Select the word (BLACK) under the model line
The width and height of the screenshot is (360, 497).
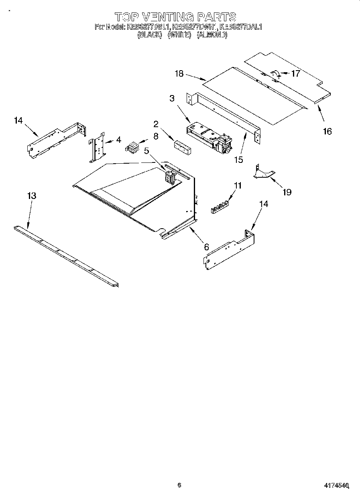click(149, 35)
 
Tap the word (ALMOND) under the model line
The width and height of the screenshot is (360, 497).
click(213, 35)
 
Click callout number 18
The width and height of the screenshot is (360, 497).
click(179, 73)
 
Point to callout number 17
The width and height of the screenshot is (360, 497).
click(295, 73)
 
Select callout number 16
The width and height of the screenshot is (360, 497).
click(327, 131)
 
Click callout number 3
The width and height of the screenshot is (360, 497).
click(172, 99)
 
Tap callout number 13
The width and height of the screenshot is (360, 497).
click(32, 196)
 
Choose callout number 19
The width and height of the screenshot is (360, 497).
click(287, 192)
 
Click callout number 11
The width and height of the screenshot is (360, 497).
click(238, 185)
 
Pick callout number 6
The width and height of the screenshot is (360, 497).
click(206, 247)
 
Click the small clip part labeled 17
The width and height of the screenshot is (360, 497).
click(275, 73)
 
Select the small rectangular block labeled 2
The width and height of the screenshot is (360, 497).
click(182, 146)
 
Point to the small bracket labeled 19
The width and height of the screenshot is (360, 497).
click(263, 172)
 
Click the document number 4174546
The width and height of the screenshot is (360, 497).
click(336, 485)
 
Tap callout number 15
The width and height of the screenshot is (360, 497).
click(239, 160)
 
